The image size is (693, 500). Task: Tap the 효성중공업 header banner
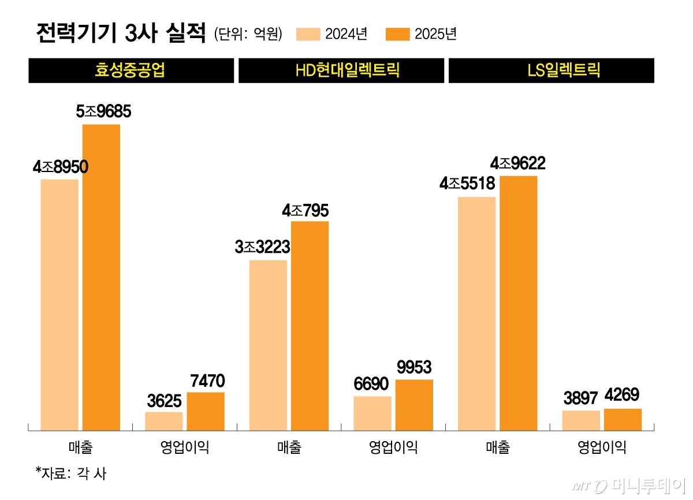point(131,70)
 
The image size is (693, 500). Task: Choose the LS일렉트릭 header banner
point(551,70)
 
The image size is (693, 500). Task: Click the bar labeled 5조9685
point(101,277)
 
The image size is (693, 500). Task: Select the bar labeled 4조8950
point(59,304)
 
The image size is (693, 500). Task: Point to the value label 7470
point(206,381)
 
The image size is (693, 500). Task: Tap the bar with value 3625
point(164,421)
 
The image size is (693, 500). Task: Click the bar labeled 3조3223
point(268,345)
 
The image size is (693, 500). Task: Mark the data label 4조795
point(305,211)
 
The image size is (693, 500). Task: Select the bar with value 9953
point(414,404)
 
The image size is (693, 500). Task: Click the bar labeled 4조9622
point(519,303)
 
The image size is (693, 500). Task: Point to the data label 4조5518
point(467,184)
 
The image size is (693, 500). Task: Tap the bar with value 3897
point(581,420)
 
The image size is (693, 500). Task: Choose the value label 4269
point(623,395)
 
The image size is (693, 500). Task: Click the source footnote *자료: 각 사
point(71,474)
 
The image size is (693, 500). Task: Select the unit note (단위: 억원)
point(248,34)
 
